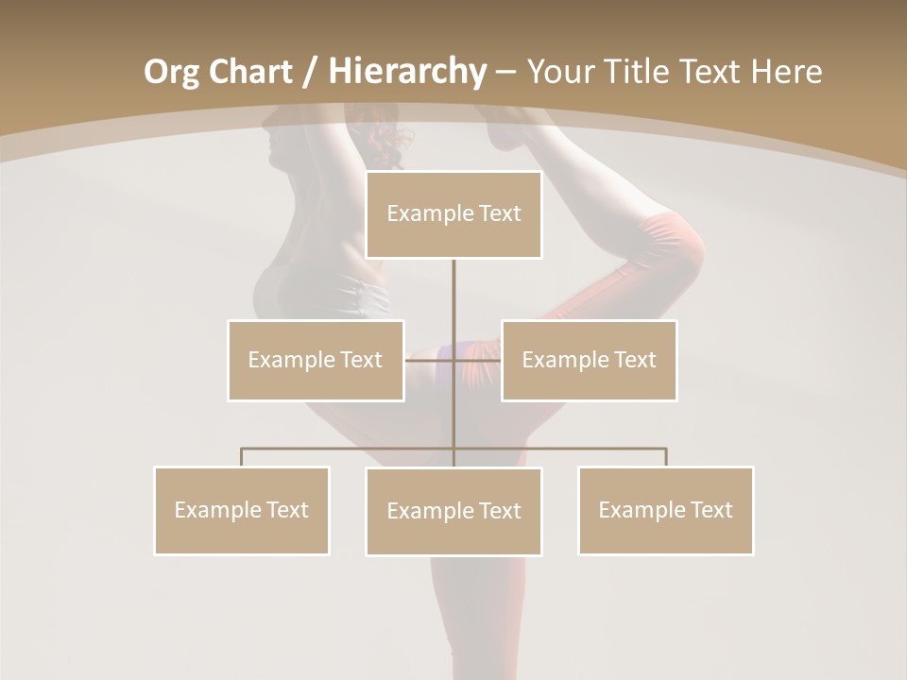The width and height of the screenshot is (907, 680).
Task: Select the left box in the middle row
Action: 316,360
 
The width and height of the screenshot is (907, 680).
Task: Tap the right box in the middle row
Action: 590,360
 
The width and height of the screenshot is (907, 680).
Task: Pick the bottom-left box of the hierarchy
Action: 242,510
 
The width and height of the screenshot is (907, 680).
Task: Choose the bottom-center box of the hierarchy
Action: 453,511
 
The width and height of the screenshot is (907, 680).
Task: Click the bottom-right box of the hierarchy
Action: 665,510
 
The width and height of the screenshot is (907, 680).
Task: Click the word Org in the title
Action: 171,72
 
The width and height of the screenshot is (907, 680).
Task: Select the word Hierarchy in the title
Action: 406,72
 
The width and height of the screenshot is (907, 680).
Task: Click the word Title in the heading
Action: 642,72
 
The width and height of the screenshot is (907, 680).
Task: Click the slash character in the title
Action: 310,72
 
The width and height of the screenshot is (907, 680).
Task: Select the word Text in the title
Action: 710,72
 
